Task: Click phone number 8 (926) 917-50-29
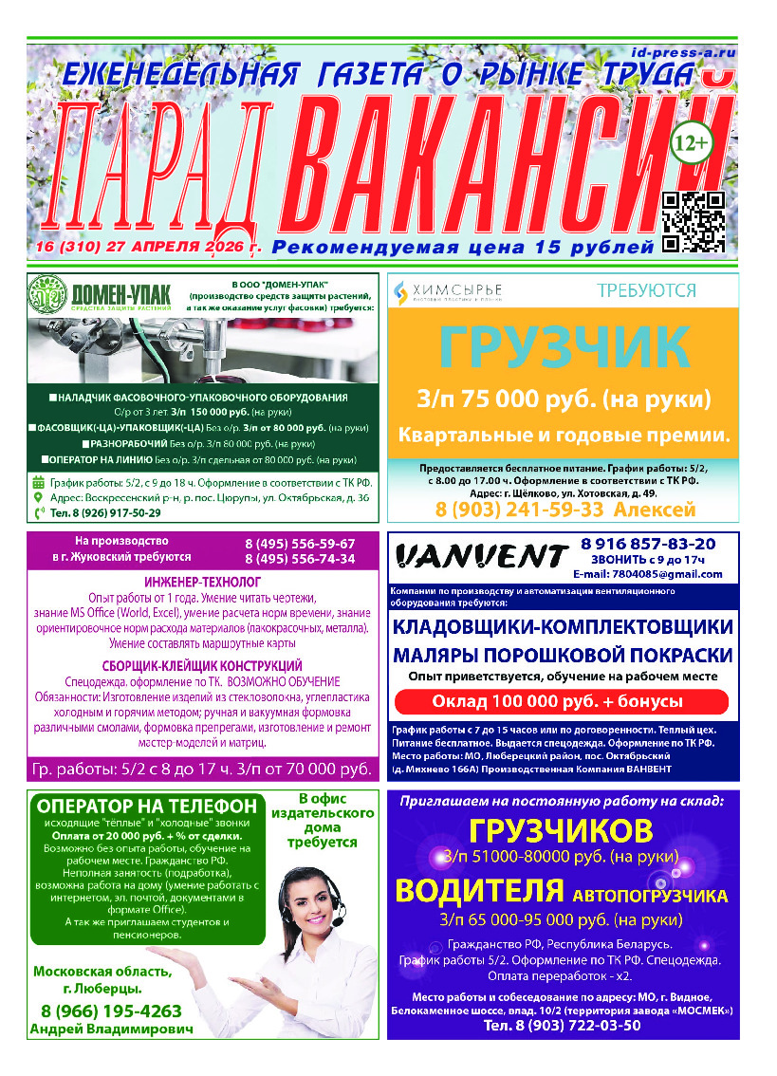98,512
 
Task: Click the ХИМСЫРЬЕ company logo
448,290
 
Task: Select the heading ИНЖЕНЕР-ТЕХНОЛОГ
202,581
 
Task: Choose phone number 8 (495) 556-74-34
300,559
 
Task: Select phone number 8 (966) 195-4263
112,1011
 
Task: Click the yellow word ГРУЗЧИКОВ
562,831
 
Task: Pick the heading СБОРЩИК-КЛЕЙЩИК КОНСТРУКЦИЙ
202,666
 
